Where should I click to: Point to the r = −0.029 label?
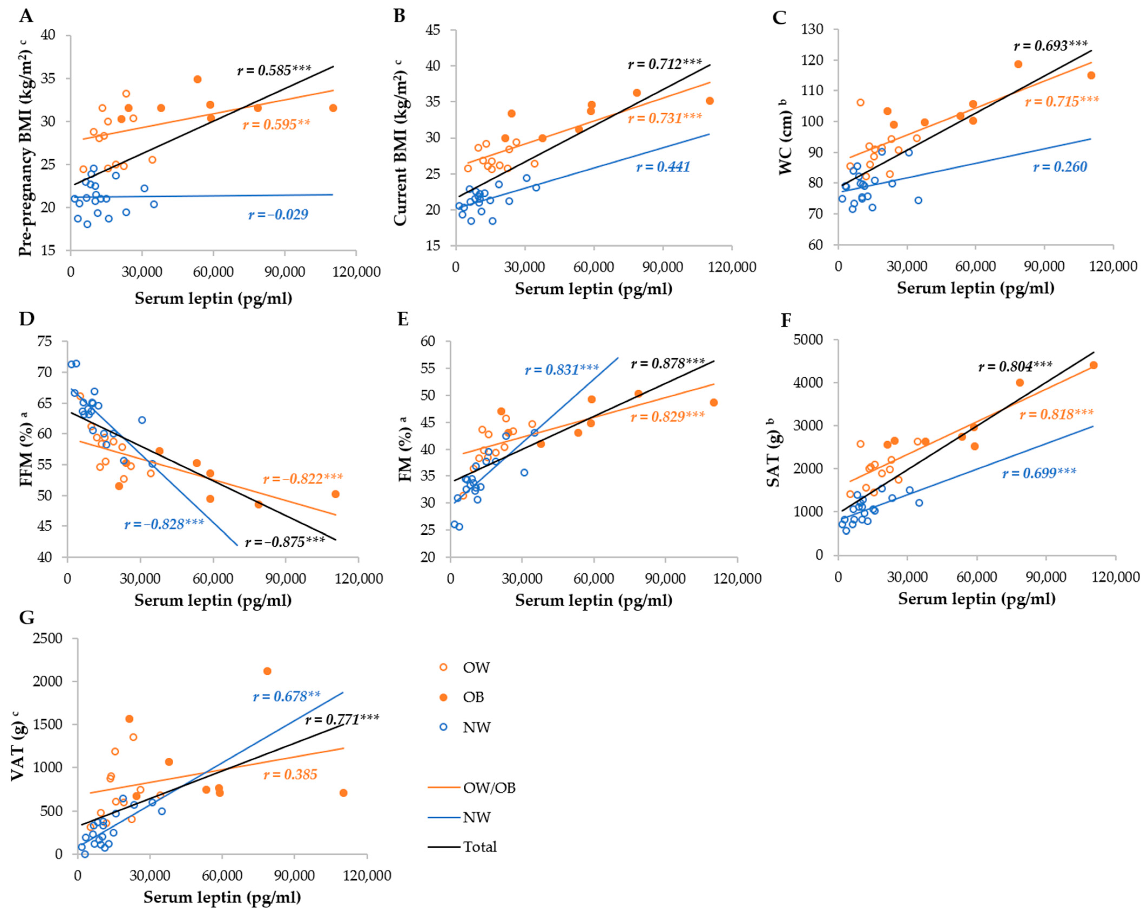(x=278, y=215)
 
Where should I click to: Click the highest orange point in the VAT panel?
(x=267, y=671)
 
